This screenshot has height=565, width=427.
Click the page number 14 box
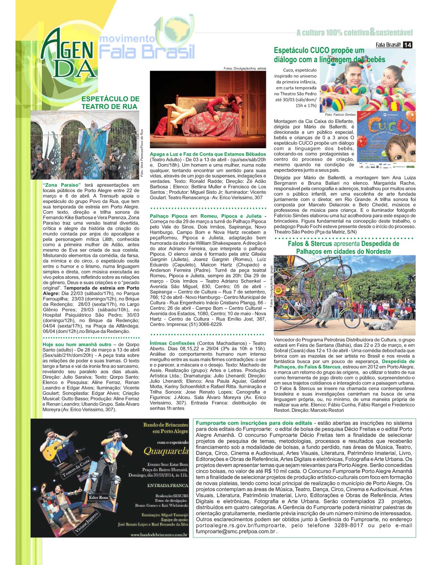tap(407, 45)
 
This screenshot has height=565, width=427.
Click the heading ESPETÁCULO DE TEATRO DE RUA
tap(110, 103)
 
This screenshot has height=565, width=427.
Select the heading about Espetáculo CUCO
tap(329, 55)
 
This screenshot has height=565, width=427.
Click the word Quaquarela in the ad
tap(166, 451)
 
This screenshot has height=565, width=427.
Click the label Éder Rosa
tap(98, 497)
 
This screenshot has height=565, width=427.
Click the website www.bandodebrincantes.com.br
tap(159, 535)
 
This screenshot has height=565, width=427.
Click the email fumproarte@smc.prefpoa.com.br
tap(236, 532)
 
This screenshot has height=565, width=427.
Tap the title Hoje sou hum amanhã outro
tap(77, 344)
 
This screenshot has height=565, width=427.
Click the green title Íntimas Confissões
tap(172, 343)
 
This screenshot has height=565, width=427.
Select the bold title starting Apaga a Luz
tap(208, 154)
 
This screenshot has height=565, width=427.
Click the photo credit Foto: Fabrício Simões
tap(340, 115)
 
